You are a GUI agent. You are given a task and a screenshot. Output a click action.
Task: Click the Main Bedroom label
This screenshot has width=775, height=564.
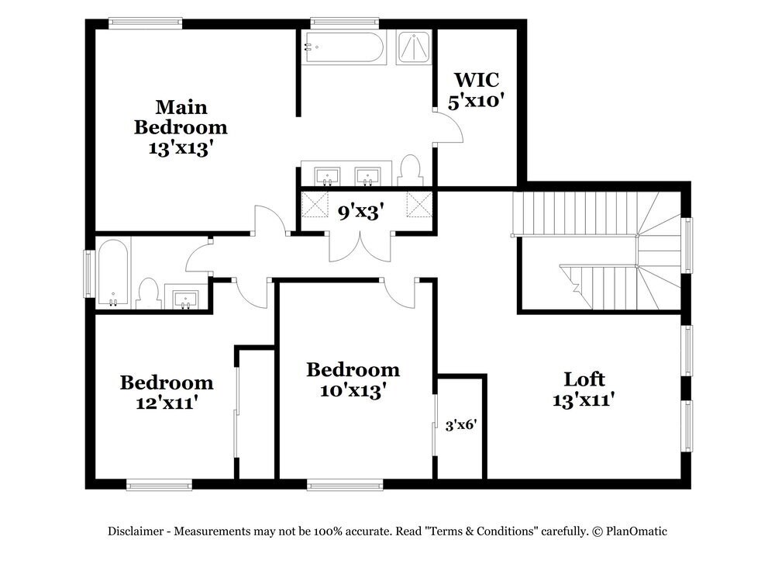point(181,116)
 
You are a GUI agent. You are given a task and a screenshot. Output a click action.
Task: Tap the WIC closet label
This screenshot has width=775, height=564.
point(476,79)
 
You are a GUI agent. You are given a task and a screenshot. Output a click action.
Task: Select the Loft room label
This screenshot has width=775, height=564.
point(584,379)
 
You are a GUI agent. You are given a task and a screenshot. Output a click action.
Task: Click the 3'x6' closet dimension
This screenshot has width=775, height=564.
point(460,424)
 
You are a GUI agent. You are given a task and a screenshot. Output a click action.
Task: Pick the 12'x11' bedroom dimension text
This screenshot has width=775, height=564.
point(166,403)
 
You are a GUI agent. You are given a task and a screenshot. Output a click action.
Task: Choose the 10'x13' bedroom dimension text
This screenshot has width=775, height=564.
point(353,390)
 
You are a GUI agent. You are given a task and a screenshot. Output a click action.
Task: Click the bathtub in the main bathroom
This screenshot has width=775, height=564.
point(343,48)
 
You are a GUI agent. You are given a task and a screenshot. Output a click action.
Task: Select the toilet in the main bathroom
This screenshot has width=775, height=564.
point(411,169)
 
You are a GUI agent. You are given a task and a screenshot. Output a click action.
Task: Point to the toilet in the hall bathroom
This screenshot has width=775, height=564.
point(147,293)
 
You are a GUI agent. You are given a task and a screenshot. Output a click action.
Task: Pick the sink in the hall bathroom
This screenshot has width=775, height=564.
point(186,297)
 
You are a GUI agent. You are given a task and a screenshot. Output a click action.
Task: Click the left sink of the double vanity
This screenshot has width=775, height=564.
point(327,174)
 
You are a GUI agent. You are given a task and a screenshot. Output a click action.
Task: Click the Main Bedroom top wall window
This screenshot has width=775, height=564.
point(145,22)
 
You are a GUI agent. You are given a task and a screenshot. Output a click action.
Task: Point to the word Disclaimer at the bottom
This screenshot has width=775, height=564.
point(135,531)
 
